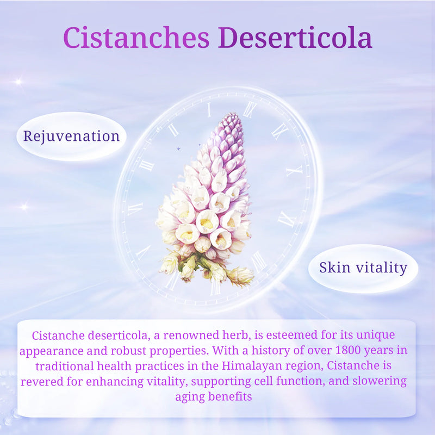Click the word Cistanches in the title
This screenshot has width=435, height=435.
tap(136, 38)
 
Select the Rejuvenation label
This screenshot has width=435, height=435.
tap(71, 135)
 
